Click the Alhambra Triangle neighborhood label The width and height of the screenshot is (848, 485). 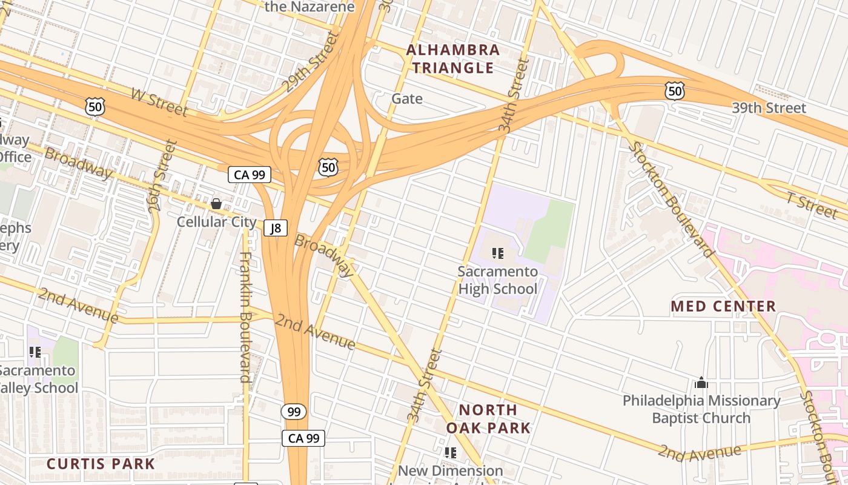pyautogui.click(x=453, y=59)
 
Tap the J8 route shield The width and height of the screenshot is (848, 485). pyautogui.click(x=276, y=228)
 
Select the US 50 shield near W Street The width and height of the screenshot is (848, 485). pyautogui.click(x=95, y=106)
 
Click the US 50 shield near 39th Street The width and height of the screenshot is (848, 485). pyautogui.click(x=674, y=91)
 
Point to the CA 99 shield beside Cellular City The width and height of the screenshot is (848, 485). pyautogui.click(x=249, y=175)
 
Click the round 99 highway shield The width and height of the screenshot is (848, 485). pyautogui.click(x=294, y=412)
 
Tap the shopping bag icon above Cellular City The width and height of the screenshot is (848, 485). pyautogui.click(x=216, y=204)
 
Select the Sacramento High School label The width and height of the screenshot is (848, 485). pyautogui.click(x=497, y=279)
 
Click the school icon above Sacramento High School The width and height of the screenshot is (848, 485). pyautogui.click(x=498, y=253)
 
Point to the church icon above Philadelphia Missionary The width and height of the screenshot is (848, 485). pyautogui.click(x=701, y=383)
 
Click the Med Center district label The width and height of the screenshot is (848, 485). pyautogui.click(x=723, y=306)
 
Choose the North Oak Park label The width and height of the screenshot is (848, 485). pyautogui.click(x=488, y=418)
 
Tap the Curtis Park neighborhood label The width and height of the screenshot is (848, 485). pyautogui.click(x=101, y=464)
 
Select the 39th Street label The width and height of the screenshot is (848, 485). pyautogui.click(x=769, y=108)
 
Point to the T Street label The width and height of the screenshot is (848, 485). pyautogui.click(x=812, y=204)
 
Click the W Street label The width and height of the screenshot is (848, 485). pyautogui.click(x=159, y=102)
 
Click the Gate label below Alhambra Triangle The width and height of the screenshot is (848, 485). pyautogui.click(x=407, y=98)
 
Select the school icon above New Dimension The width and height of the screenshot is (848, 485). pyautogui.click(x=450, y=452)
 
